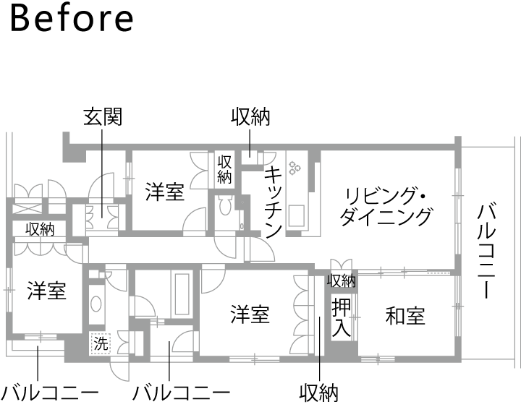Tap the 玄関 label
(x=103, y=117)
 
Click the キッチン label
(x=274, y=202)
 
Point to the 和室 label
(x=405, y=316)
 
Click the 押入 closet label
(x=341, y=317)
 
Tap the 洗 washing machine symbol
(x=101, y=343)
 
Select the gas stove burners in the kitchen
(x=295, y=168)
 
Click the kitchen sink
(x=296, y=215)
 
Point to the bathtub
(x=182, y=294)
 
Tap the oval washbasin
(x=96, y=304)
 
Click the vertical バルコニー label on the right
(x=486, y=252)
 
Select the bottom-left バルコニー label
(x=50, y=393)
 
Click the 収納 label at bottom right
(x=318, y=393)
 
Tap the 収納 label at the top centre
(x=250, y=117)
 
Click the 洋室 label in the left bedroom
(x=47, y=291)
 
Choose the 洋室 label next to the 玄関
(x=165, y=192)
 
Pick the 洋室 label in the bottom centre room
(x=250, y=314)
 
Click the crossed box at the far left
(x=27, y=209)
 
